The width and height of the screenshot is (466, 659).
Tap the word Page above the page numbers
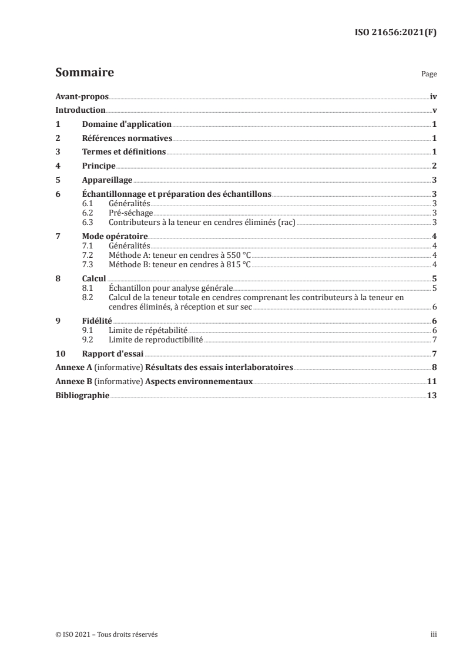tap(429, 75)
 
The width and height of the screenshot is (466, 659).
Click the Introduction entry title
tap(81, 110)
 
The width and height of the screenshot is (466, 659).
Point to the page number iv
tap(433, 96)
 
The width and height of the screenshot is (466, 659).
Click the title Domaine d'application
tap(126, 124)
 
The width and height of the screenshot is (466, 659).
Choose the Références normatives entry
tap(127, 138)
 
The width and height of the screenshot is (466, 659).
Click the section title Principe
tap(99, 166)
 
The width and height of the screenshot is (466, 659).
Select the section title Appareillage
tap(107, 180)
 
